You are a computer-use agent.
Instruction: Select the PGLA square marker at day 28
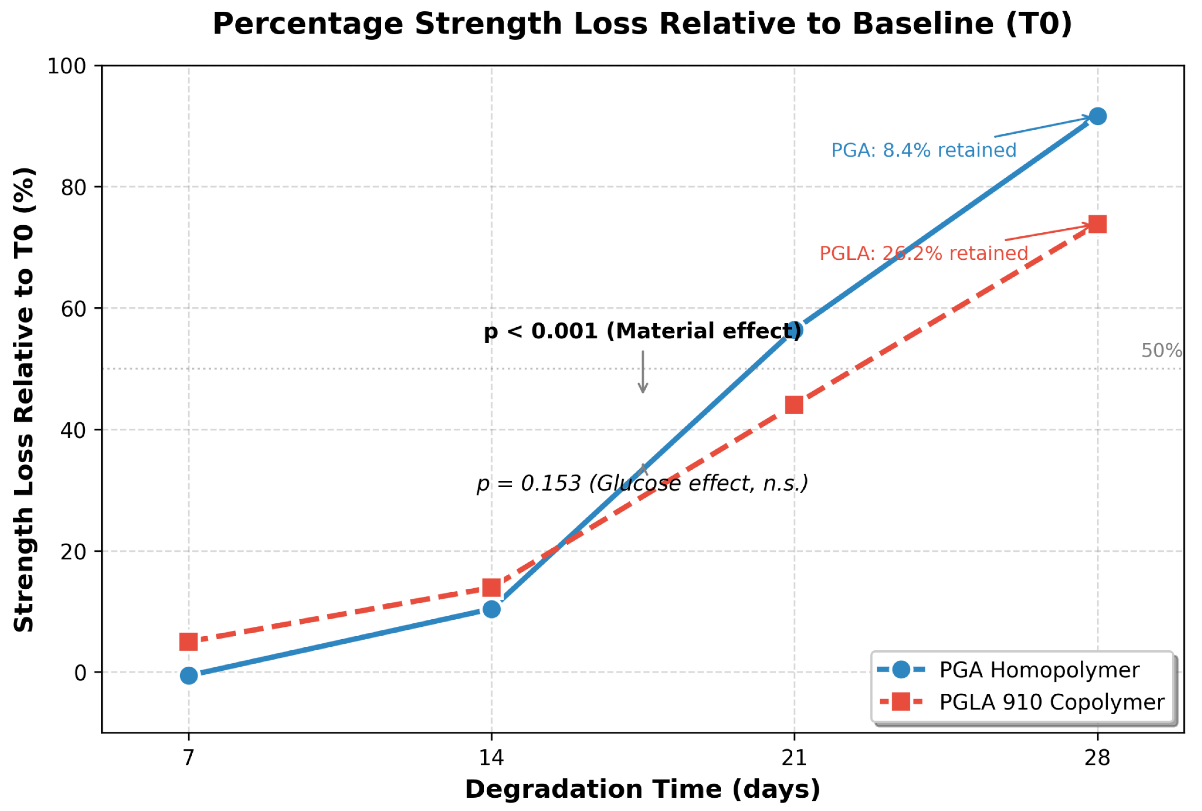click(1097, 225)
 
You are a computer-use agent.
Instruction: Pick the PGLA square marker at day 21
click(794, 405)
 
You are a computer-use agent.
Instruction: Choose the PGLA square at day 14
click(491, 588)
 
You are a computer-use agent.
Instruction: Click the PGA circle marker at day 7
click(189, 675)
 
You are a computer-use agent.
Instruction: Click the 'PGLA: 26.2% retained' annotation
click(923, 254)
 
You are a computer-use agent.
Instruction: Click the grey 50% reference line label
click(1161, 351)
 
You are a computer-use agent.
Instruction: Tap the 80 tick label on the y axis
click(73, 187)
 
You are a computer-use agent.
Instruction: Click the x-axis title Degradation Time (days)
click(642, 790)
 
